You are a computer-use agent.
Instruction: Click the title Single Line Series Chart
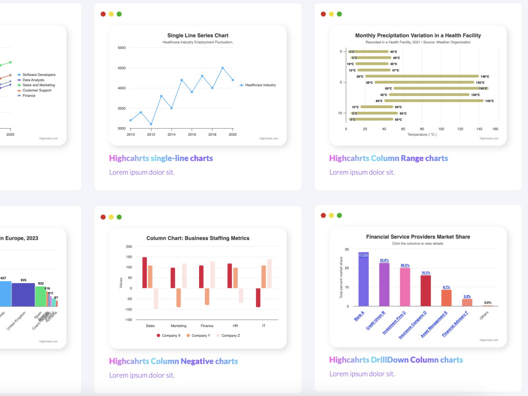197,35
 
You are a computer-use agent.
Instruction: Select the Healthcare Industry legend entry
260,85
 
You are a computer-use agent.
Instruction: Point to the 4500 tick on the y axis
121,68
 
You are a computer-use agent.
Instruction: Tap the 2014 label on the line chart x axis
171,135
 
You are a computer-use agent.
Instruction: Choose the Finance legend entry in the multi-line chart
29,96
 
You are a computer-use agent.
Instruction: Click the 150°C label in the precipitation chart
483,89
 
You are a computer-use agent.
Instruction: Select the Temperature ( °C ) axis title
422,135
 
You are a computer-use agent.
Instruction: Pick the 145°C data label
489,101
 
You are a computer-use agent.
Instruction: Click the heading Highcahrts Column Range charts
388,158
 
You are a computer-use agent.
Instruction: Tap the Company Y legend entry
200,335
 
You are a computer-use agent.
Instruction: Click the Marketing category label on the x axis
178,326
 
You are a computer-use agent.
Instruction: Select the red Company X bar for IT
258,297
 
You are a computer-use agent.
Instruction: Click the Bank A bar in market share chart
363,279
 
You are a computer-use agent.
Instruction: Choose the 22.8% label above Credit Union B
384,260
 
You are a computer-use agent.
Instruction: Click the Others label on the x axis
485,316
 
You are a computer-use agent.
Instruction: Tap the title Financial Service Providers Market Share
418,237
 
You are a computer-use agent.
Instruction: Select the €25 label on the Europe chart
23,280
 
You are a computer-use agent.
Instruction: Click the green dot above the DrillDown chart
339,215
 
